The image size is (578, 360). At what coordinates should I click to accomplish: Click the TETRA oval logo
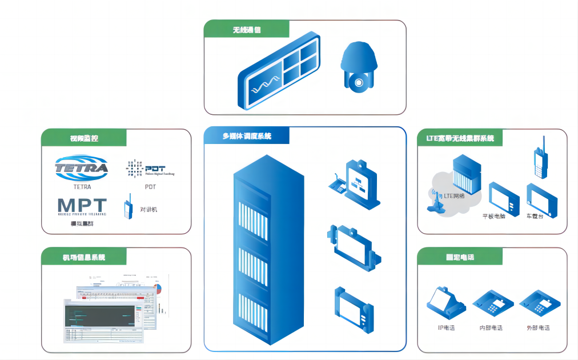coord(82,168)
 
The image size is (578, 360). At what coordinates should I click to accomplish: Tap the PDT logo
coord(150,169)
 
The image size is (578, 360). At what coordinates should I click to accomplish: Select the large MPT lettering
coord(82,207)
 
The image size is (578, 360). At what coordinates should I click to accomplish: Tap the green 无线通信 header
coord(247,30)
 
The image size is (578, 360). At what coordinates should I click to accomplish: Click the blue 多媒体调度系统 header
coord(247,136)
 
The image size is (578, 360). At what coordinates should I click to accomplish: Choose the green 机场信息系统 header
coord(84,257)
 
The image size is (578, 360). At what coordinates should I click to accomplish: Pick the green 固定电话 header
coord(460,257)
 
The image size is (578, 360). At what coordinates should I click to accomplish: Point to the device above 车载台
coord(541,198)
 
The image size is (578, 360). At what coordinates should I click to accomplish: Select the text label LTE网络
coord(455,196)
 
